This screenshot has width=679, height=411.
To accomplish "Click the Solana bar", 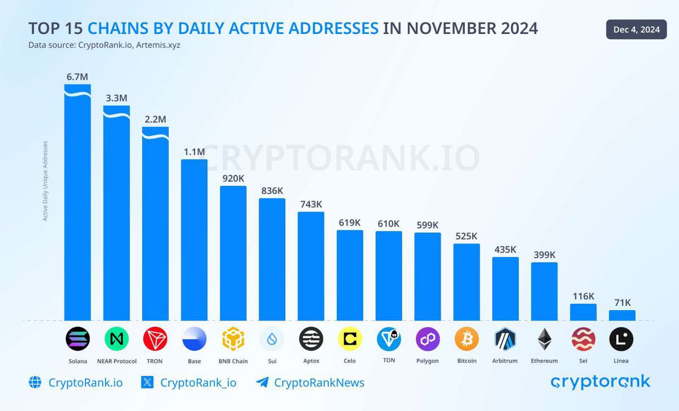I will (x=78, y=204).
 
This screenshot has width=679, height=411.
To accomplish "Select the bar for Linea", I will (x=622, y=315).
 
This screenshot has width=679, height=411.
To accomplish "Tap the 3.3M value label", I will (x=117, y=97).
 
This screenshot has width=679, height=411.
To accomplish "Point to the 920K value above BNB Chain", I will (x=233, y=178).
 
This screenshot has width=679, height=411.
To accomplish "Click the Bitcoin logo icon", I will (x=466, y=339).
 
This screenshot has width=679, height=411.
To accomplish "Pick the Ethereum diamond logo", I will (x=544, y=339).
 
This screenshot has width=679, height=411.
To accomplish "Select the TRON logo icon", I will (x=156, y=339).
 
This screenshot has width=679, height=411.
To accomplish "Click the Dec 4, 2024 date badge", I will (x=637, y=30).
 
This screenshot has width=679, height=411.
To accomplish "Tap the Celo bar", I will (x=350, y=275).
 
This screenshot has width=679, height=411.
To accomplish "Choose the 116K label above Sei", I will (x=583, y=296).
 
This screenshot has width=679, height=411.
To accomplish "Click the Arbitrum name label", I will (x=505, y=361).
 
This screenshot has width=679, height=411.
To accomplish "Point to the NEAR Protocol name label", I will (x=117, y=361).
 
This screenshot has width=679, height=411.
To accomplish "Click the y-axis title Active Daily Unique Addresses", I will (x=46, y=180).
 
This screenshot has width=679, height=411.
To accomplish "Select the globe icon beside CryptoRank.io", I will (x=35, y=383).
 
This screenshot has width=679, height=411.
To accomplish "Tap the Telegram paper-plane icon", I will (x=262, y=383).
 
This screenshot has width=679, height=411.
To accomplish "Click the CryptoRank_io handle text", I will (x=198, y=383).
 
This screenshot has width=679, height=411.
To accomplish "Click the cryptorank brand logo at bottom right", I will (x=600, y=382).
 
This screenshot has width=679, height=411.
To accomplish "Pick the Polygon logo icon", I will (x=428, y=339).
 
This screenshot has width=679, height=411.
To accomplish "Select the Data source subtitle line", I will (x=104, y=45).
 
